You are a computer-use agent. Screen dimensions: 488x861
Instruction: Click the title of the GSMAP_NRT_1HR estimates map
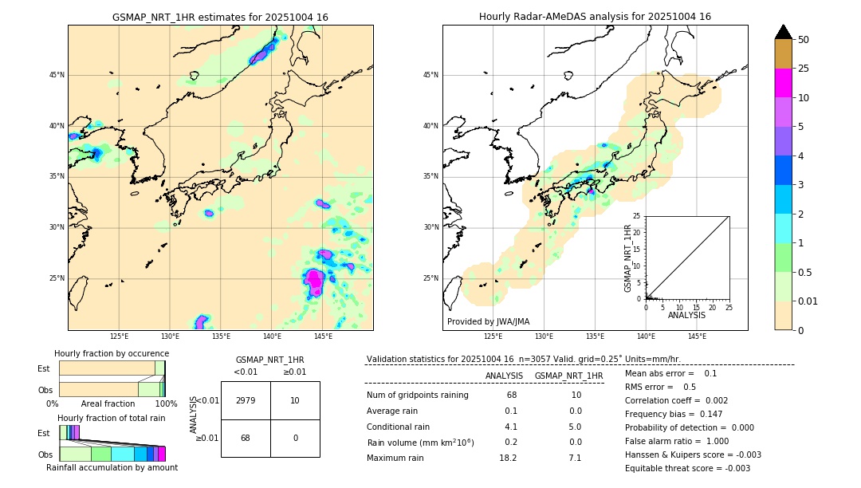[220, 17]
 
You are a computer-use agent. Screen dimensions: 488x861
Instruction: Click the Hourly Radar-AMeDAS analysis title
[595, 17]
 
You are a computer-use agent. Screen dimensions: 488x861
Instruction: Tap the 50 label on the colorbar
[804, 40]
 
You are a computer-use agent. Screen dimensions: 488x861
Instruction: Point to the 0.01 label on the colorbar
[808, 301]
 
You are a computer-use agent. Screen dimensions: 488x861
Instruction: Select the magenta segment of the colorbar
[783, 83]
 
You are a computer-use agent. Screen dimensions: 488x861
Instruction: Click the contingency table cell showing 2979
[246, 400]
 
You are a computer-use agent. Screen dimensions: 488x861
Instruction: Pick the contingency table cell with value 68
[246, 438]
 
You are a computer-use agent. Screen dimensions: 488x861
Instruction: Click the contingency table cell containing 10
[295, 400]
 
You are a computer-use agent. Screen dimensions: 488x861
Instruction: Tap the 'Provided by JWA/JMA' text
[488, 321]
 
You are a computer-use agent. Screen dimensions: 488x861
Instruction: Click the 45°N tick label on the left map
[57, 75]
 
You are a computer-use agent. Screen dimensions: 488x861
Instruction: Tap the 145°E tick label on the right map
[697, 336]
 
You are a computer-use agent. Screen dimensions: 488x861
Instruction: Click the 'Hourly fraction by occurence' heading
[112, 353]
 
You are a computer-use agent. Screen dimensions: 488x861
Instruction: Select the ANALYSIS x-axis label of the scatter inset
[686, 315]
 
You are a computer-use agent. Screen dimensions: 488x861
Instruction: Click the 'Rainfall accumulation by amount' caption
[112, 467]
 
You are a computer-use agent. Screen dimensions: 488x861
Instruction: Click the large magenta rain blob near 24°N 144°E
[314, 280]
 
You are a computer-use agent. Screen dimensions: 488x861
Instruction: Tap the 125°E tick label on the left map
[119, 336]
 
